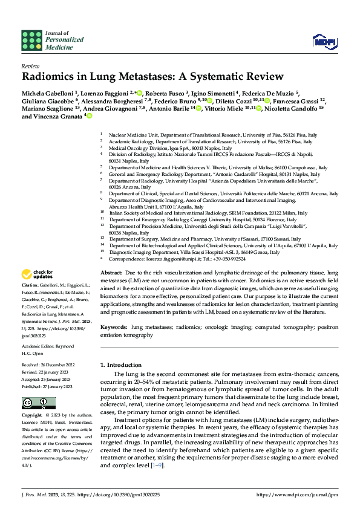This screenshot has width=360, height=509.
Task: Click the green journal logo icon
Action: click(x=32, y=40)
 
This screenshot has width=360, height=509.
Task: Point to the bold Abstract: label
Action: click(x=112, y=273)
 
